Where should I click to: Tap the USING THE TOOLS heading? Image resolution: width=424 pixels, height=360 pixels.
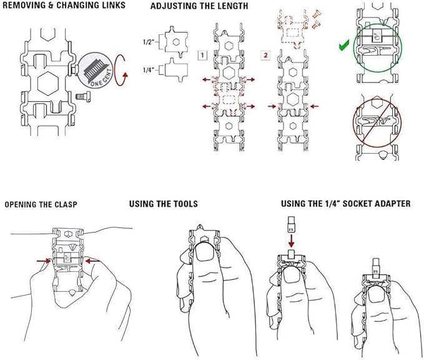point(163,204)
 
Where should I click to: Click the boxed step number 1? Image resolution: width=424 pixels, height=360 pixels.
point(203,55)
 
